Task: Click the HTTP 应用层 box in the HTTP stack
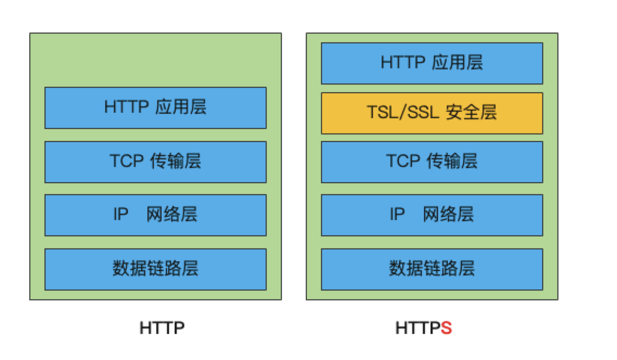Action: pyautogui.click(x=155, y=107)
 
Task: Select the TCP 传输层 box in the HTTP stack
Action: pyautogui.click(x=155, y=162)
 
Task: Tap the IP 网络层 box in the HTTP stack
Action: pyautogui.click(x=155, y=215)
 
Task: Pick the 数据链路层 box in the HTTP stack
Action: pyautogui.click(x=155, y=269)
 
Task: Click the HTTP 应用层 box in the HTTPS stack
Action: pyautogui.click(x=432, y=63)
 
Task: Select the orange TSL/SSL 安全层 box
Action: pyautogui.click(x=432, y=113)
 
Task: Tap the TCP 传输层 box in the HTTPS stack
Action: pyautogui.click(x=432, y=162)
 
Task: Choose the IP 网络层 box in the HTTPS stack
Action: pyautogui.click(x=432, y=215)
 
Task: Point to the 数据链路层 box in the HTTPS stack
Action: pyautogui.click(x=432, y=269)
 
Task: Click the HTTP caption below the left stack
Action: pyautogui.click(x=162, y=329)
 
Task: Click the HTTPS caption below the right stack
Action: pyautogui.click(x=423, y=329)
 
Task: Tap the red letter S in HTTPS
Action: pyautogui.click(x=446, y=329)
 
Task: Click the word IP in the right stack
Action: pyautogui.click(x=397, y=215)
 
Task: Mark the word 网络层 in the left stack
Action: pyautogui.click(x=172, y=215)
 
